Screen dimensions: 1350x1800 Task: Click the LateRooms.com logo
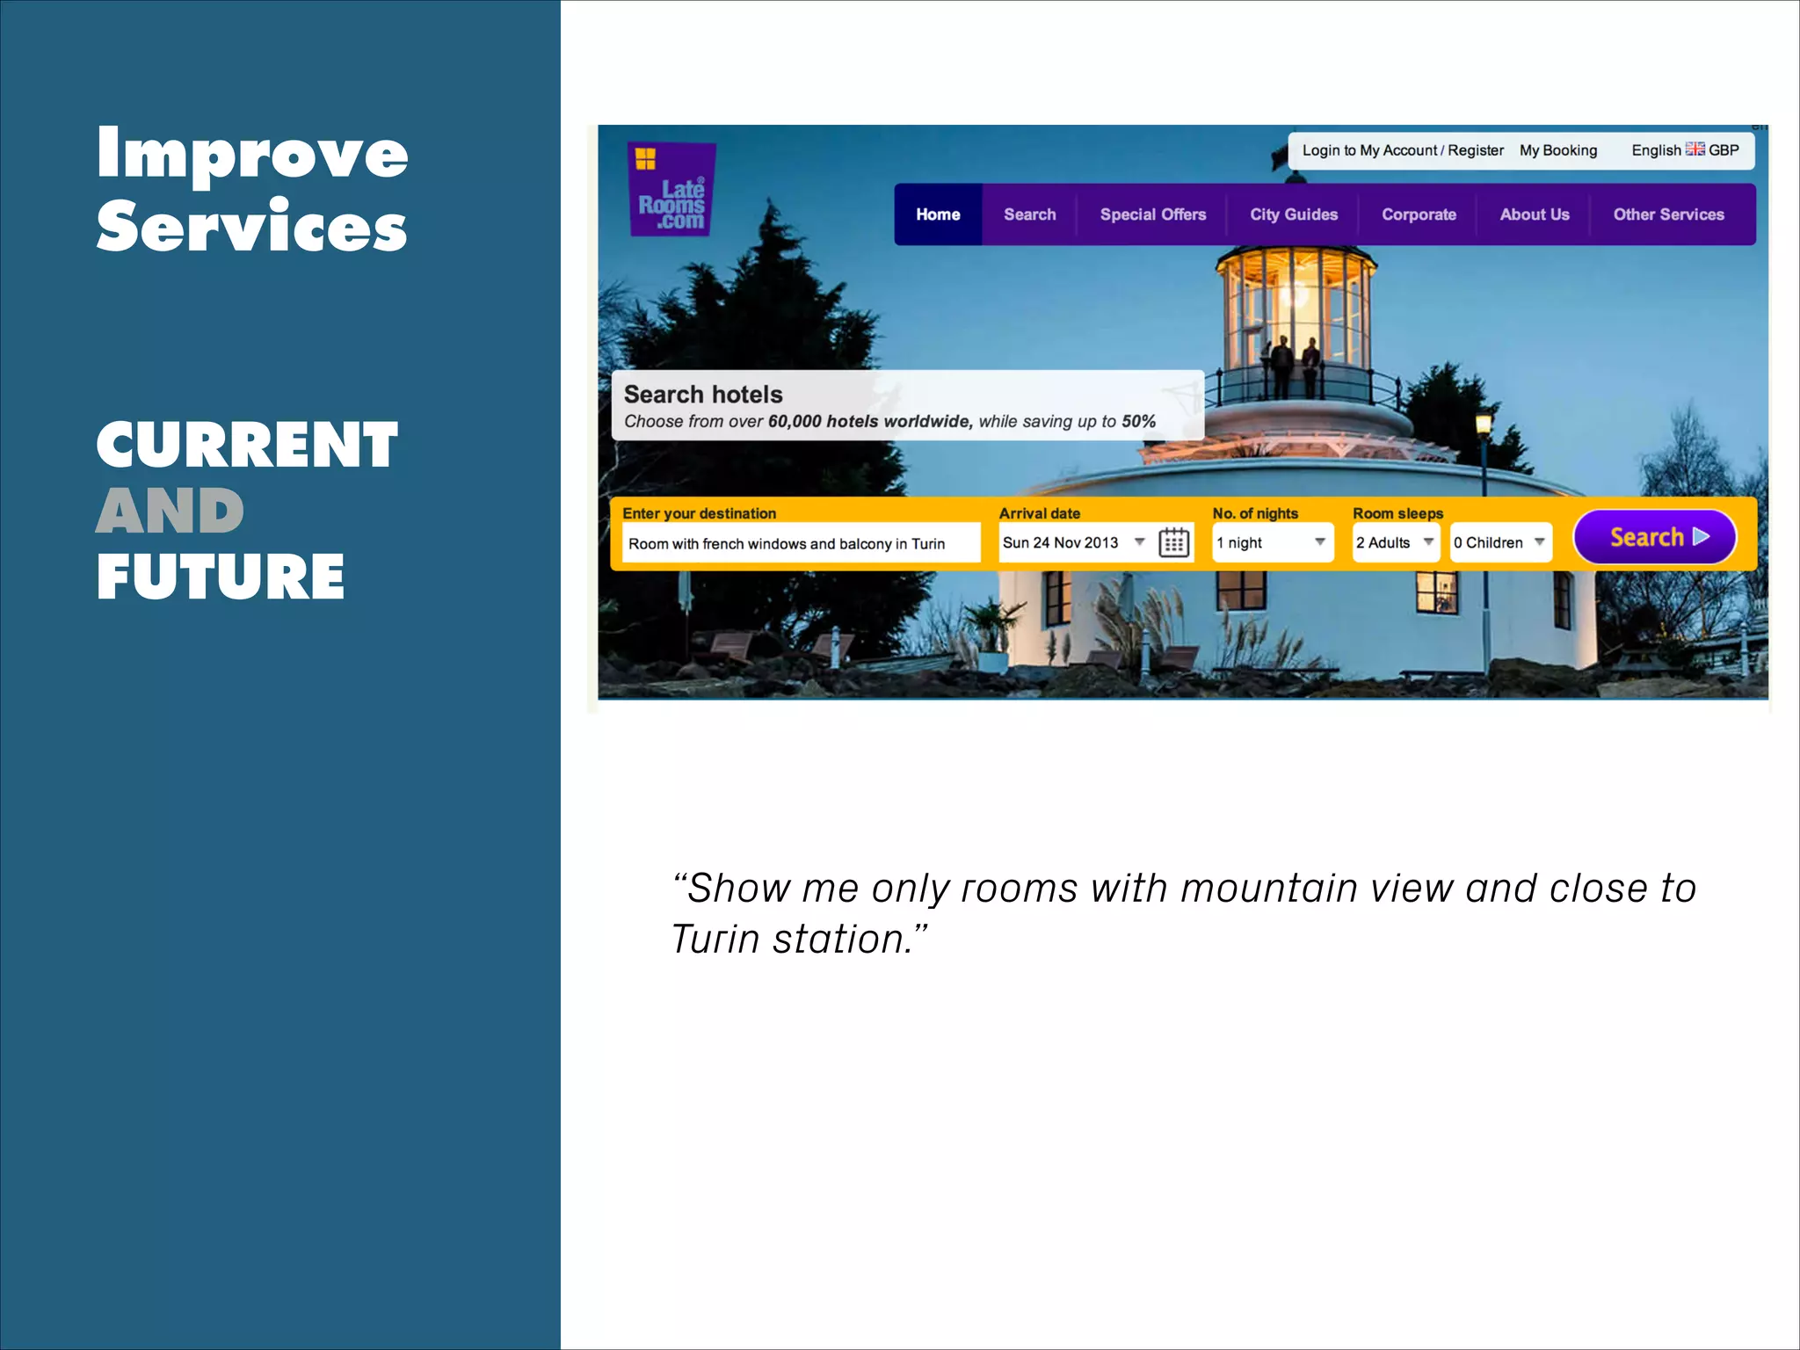click(671, 190)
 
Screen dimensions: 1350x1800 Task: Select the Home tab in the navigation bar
click(938, 214)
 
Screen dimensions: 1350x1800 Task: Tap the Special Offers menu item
click(1152, 214)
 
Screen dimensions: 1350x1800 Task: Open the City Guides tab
click(1294, 214)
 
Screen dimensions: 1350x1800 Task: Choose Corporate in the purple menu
click(1419, 214)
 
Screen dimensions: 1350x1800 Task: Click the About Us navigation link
click(1535, 214)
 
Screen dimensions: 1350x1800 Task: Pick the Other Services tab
click(1668, 214)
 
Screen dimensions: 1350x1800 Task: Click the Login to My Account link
click(1369, 150)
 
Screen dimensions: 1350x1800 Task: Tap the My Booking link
click(1558, 150)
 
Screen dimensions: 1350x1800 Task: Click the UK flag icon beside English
click(1695, 149)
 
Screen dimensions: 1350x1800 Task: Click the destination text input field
click(801, 543)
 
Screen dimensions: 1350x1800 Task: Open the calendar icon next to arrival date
click(1174, 542)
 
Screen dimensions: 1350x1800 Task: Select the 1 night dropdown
click(1272, 542)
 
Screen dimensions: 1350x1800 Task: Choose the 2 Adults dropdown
click(1395, 542)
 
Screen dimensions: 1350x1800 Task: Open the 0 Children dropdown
click(1499, 542)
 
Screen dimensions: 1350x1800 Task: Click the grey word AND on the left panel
click(170, 512)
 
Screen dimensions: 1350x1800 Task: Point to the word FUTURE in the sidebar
click(221, 577)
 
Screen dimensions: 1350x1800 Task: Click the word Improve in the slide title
click(252, 153)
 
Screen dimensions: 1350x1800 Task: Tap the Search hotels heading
click(703, 395)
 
